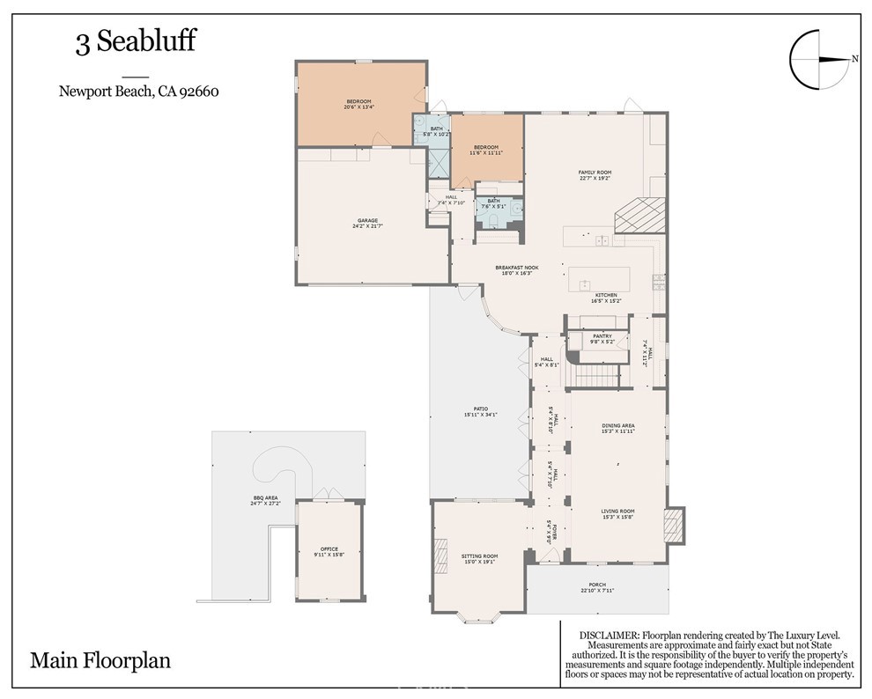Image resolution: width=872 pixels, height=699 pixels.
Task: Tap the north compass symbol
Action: (820, 60)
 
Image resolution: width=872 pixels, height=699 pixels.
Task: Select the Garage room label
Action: (367, 221)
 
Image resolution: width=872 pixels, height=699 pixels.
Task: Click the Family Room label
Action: (595, 173)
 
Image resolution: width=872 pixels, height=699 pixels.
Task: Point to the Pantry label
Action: (602, 336)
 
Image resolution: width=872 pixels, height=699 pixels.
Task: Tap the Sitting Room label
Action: (479, 556)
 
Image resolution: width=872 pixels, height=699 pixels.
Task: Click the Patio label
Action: (481, 408)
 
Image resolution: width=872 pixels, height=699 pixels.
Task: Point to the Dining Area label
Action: (617, 426)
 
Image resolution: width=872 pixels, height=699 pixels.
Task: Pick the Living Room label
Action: (617, 511)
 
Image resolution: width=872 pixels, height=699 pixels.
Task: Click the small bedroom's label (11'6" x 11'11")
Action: (486, 147)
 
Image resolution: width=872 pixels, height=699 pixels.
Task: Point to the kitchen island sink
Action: (583, 284)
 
